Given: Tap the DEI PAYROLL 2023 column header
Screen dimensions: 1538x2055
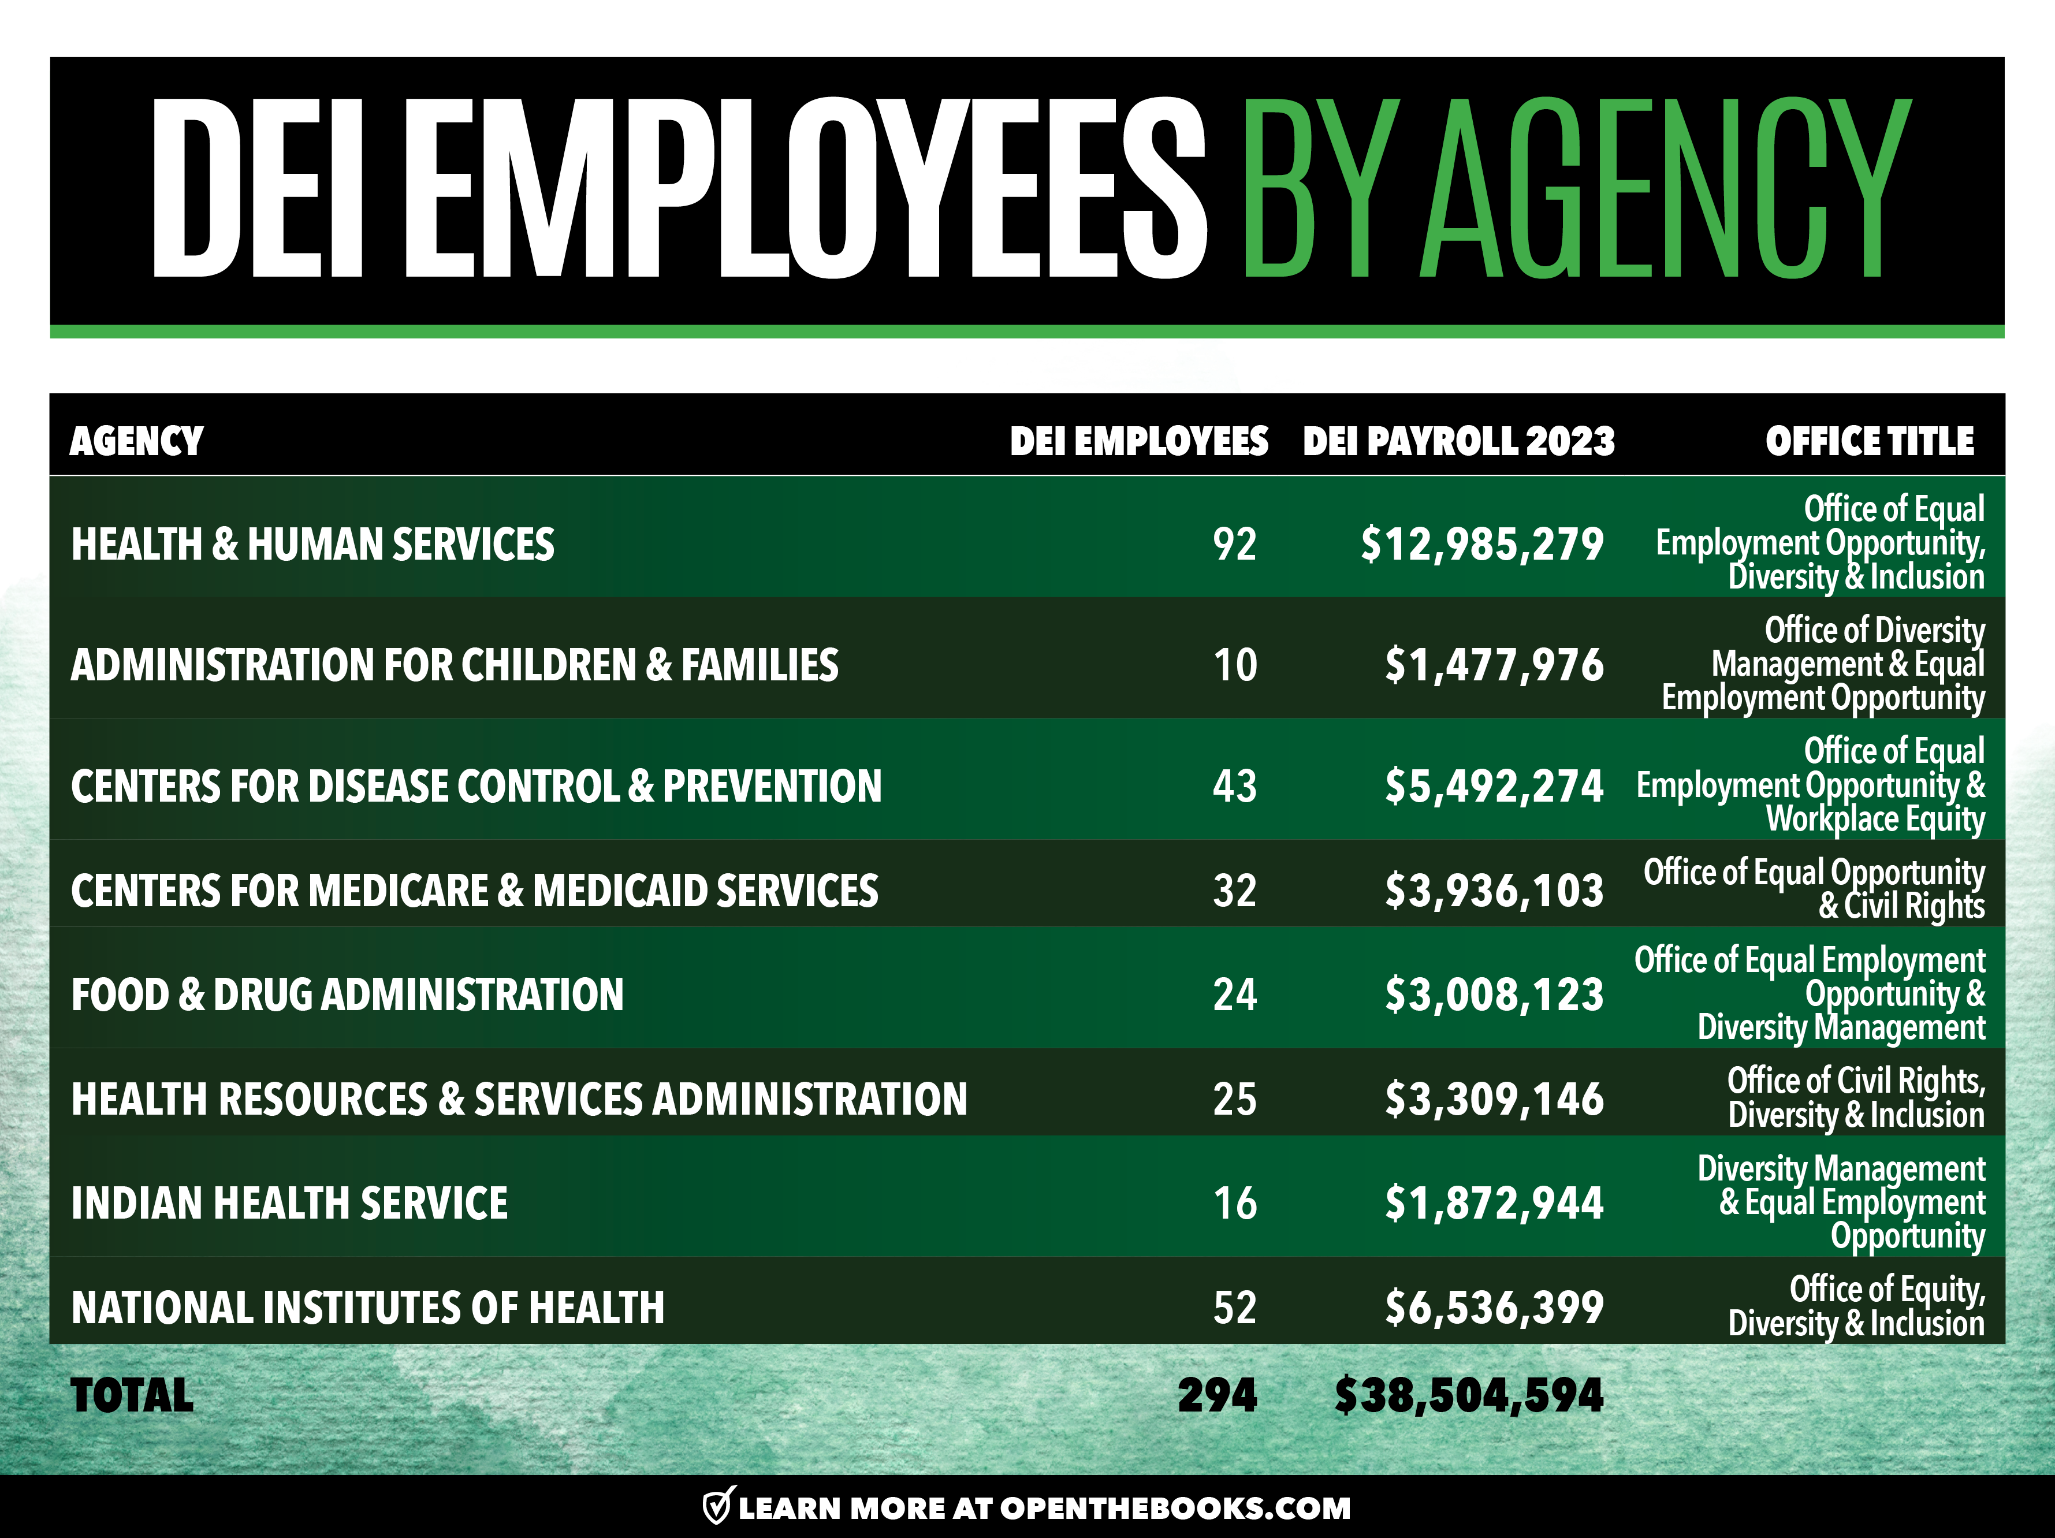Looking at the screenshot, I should (1458, 441).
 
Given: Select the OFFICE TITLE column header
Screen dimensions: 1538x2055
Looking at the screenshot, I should (1869, 441).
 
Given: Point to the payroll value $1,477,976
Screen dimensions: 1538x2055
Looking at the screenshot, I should (1494, 665).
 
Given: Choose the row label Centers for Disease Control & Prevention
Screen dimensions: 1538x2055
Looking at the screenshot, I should (476, 787).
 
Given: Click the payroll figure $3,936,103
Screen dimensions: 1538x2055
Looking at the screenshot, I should (1494, 891).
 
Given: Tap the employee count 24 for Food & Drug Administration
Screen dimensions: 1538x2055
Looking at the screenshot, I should (1235, 995).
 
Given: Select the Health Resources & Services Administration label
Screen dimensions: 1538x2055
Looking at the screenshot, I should (519, 1100).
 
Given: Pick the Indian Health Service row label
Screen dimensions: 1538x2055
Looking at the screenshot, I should (290, 1204).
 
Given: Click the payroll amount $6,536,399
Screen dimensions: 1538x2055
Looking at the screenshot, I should (1494, 1308).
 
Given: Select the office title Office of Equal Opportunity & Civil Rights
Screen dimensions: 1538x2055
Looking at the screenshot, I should (1814, 889).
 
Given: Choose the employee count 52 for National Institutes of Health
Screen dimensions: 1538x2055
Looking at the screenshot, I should (1235, 1308).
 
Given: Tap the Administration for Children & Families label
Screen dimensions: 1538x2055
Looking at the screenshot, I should (455, 665).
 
